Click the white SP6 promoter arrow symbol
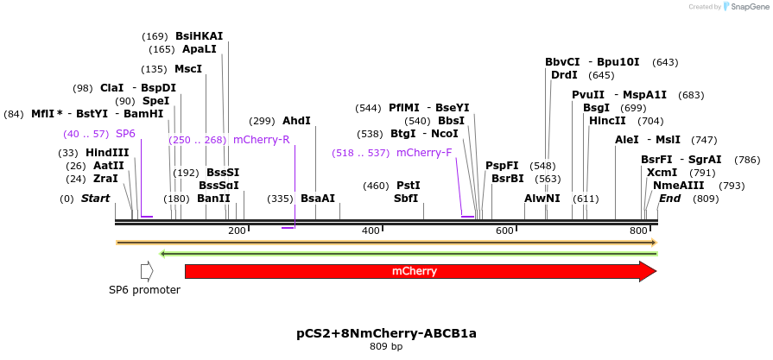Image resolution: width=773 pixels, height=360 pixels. [147, 271]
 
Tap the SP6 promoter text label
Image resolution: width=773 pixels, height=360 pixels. [144, 290]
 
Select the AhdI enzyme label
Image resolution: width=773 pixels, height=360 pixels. [296, 121]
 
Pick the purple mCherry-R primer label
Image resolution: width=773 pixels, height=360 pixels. [261, 139]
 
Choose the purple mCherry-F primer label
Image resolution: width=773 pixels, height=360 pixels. [424, 153]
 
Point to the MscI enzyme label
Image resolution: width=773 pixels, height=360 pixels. [188, 69]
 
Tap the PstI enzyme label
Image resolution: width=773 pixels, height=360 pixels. [408, 186]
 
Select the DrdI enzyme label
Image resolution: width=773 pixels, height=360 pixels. [564, 75]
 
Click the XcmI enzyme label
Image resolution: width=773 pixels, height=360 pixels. [662, 173]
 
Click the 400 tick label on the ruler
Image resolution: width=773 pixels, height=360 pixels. [371, 231]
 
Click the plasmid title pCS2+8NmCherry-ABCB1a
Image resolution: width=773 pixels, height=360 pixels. [386, 332]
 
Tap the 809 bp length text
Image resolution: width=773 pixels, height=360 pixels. [386, 346]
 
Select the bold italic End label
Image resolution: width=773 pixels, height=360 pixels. [670, 199]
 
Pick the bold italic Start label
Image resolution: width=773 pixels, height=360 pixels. [96, 199]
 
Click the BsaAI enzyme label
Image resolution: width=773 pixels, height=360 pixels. [317, 199]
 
